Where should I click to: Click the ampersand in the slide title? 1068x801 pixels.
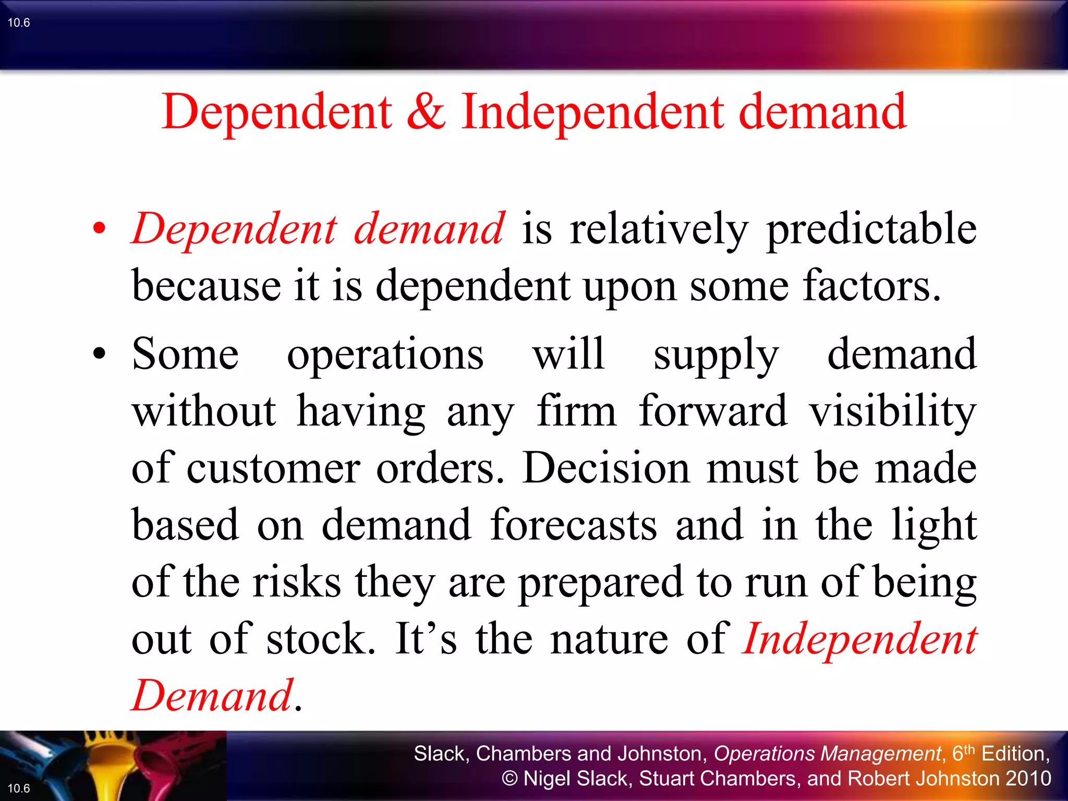tap(426, 112)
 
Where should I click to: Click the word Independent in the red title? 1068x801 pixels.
tap(592, 113)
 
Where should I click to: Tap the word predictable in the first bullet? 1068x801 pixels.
tap(871, 229)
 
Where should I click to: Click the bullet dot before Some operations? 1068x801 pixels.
tap(99, 354)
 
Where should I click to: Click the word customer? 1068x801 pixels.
tap(273, 468)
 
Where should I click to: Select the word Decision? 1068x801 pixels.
tap(606, 468)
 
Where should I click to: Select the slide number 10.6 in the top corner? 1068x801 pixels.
tap(19, 22)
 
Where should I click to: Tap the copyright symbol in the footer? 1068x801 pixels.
tap(509, 779)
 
